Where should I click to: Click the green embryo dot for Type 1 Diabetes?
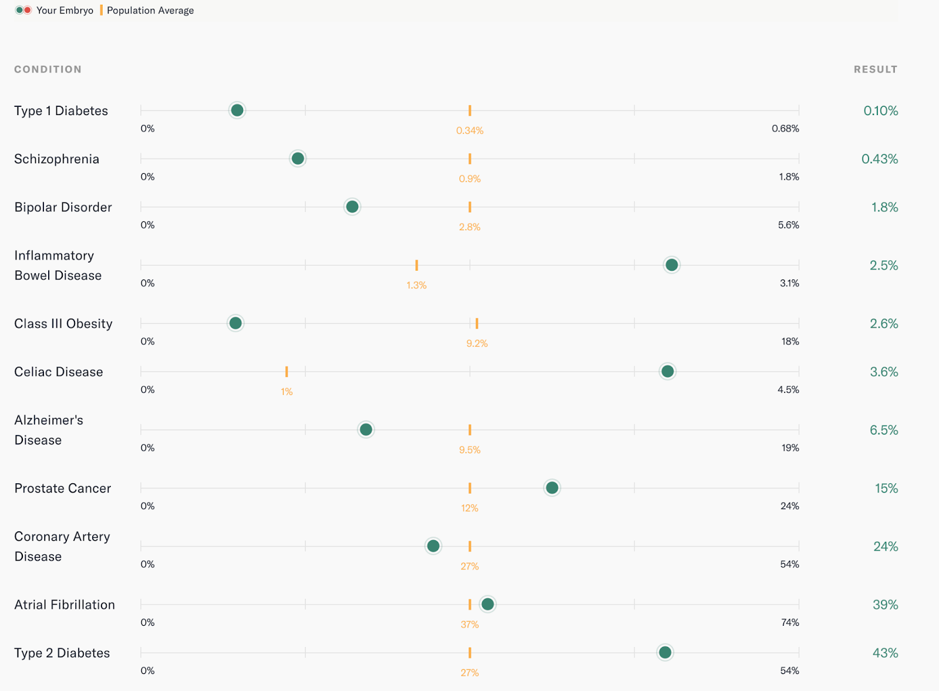coord(237,110)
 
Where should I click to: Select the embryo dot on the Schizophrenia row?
coord(298,159)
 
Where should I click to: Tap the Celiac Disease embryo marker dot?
coord(667,371)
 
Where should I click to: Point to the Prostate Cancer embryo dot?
coord(552,488)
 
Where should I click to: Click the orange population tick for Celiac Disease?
coord(286,372)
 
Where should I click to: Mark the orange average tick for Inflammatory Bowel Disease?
coord(417,265)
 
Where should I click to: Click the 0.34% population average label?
coord(469,130)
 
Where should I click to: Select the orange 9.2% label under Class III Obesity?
coord(477,343)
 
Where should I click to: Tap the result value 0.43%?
coord(879,159)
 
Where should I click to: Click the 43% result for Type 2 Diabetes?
coord(885,653)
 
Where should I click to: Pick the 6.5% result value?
coord(883,430)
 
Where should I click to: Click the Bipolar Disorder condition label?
coord(63,207)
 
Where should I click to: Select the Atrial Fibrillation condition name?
coord(65,605)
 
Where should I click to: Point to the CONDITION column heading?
coord(48,69)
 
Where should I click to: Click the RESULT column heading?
coord(875,69)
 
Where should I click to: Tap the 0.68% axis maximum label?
coord(785,129)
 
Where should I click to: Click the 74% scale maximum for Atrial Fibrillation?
coord(789,622)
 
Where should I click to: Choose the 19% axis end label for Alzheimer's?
coord(789,448)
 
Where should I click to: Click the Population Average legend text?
coord(150,11)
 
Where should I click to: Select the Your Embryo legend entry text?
coord(65,11)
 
